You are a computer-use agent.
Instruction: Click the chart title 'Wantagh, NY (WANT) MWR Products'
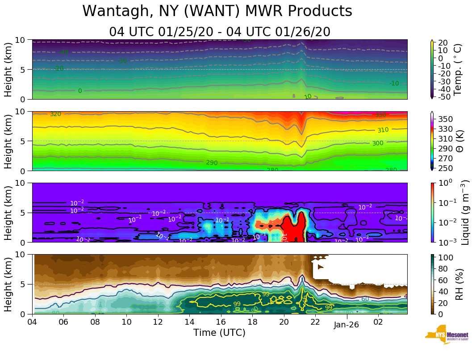[x=217, y=11]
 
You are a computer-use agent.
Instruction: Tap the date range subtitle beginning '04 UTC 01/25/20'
[x=220, y=32]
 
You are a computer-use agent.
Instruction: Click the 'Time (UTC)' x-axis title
[x=219, y=333]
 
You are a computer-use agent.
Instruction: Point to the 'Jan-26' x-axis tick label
[x=347, y=325]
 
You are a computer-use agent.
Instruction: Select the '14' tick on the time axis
[x=189, y=322]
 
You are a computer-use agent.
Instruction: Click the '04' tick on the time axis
[x=32, y=322]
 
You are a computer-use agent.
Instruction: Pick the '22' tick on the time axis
[x=315, y=322]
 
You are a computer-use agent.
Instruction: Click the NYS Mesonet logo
[x=447, y=336]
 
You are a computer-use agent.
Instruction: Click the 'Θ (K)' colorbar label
[x=459, y=141]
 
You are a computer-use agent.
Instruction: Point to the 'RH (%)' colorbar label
[x=459, y=284]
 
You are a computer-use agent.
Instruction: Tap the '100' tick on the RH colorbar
[x=445, y=258]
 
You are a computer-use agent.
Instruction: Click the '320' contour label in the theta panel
[x=55, y=114]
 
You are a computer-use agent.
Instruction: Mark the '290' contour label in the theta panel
[x=212, y=163]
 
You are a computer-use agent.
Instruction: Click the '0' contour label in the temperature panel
[x=80, y=91]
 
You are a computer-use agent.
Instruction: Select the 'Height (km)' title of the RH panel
[x=8, y=284]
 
